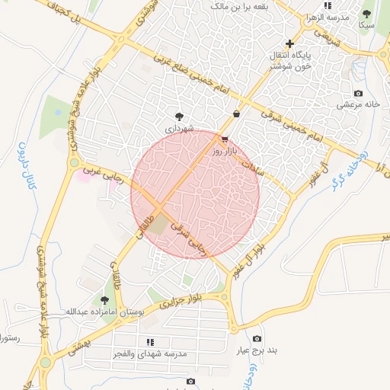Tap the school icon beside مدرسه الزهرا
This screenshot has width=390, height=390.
click(x=328, y=6)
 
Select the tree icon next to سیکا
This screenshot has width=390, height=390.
click(x=366, y=13)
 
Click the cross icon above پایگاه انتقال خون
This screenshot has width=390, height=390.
click(x=289, y=43)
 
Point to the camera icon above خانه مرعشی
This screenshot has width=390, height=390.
click(x=359, y=93)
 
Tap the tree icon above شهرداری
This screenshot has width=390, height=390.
click(x=179, y=117)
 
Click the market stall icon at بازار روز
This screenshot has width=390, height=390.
click(x=224, y=139)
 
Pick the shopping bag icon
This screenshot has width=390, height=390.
click(x=237, y=113)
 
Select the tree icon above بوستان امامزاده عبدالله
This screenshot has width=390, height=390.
click(x=104, y=301)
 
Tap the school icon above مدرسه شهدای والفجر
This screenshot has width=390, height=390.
click(x=149, y=343)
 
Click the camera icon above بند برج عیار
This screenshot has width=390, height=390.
click(x=257, y=338)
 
